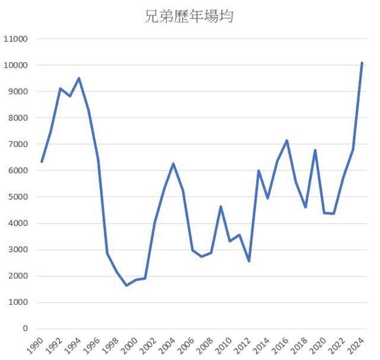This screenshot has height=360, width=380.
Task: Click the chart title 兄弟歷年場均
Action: pyautogui.click(x=189, y=16)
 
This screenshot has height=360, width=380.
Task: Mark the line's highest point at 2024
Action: pyautogui.click(x=362, y=62)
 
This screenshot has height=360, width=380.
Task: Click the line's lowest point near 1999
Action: pyautogui.click(x=126, y=285)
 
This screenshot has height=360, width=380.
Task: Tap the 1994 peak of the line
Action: pyautogui.click(x=79, y=78)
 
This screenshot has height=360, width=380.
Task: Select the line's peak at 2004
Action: pyautogui.click(x=173, y=164)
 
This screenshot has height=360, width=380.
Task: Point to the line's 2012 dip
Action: pyautogui.click(x=249, y=261)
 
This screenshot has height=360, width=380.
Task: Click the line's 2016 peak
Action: pyautogui.click(x=287, y=141)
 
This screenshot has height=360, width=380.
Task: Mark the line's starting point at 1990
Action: pyautogui.click(x=41, y=162)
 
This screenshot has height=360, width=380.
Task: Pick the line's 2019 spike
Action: pyautogui.click(x=315, y=150)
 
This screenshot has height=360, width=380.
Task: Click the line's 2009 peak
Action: pyautogui.click(x=220, y=206)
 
